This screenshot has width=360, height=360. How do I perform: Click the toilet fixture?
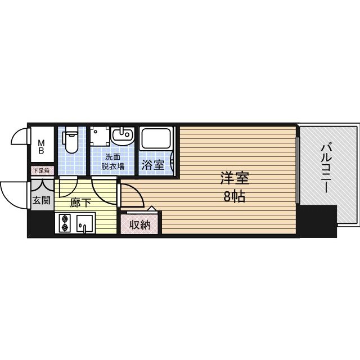pos(71,141)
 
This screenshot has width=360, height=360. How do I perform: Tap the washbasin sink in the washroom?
pos(123,136)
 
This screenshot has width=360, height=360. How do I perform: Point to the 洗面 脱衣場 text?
pos(112,162)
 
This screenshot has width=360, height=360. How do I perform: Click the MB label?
pos(42,147)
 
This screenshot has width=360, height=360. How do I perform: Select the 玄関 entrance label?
pos(40,200)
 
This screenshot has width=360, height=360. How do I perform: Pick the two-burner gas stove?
pos(64,223)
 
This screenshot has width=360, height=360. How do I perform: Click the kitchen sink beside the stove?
pos(84,223)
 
